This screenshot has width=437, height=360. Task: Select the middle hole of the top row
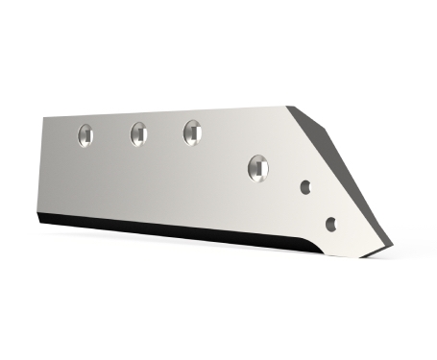[138, 133]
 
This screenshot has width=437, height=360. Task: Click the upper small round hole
[306, 188]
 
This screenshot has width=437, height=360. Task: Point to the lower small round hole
[331, 224]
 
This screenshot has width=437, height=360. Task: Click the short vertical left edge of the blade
[41, 168]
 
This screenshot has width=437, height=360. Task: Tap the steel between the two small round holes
[319, 206]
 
